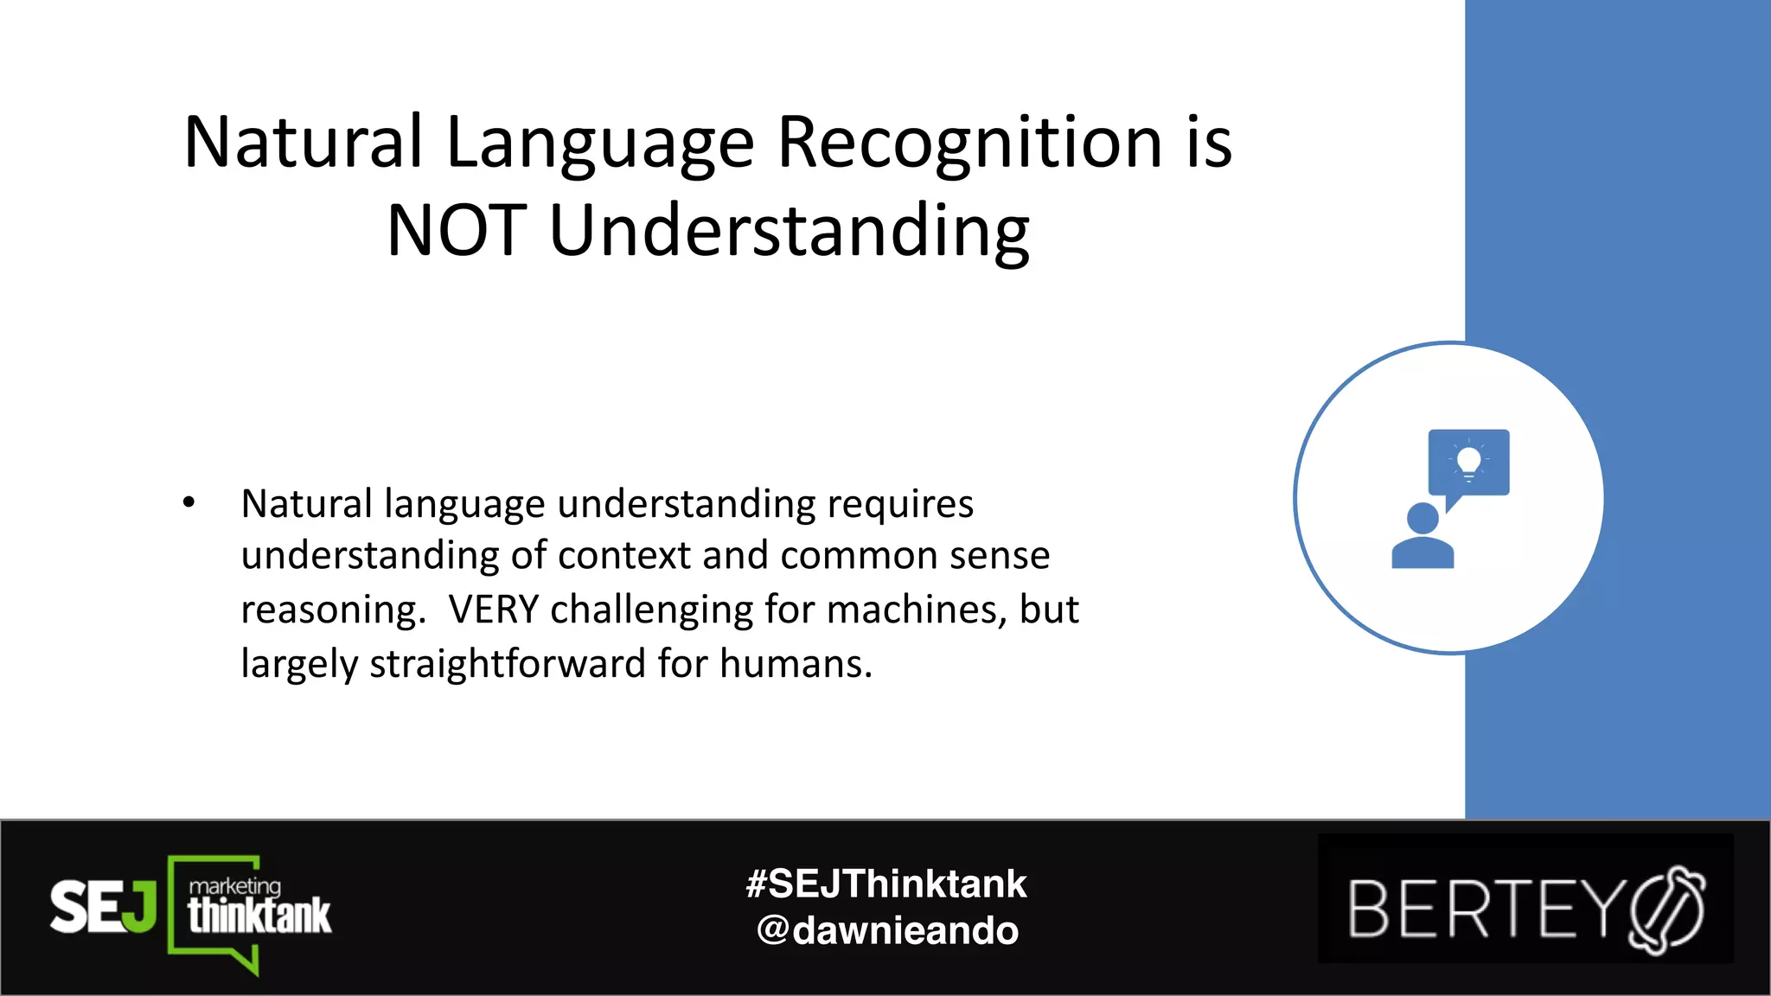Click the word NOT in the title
click(x=456, y=231)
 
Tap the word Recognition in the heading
click(x=969, y=143)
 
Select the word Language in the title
click(x=600, y=144)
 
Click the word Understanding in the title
click(x=790, y=233)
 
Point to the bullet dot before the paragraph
click(x=189, y=502)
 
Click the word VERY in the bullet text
click(x=494, y=610)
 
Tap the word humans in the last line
click(x=796, y=664)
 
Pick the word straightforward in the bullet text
click(x=508, y=664)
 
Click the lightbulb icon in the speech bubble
click(x=1468, y=462)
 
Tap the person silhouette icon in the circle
click(x=1422, y=537)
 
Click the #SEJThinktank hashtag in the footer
click(x=886, y=884)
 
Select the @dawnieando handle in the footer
click(x=887, y=930)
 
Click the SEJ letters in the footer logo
click(x=103, y=907)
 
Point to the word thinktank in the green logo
click(x=259, y=916)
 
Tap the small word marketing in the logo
click(x=235, y=886)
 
